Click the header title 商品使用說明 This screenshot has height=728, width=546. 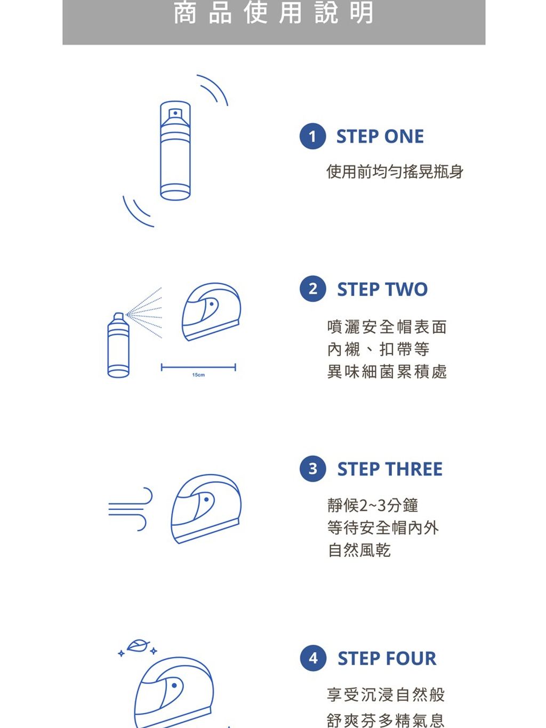274,13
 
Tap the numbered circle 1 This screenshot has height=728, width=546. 312,137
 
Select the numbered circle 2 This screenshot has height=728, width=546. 312,289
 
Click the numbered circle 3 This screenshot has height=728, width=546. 312,469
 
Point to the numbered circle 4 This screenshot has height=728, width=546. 313,658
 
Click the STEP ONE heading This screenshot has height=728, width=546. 380,137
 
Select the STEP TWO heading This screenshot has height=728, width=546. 382,289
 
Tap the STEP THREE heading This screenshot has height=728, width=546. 390,469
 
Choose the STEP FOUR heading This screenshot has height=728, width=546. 387,658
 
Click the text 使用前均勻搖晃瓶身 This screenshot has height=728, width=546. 395,172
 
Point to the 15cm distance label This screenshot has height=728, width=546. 198,375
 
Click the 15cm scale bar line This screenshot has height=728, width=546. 198,367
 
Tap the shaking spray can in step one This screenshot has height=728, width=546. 175,151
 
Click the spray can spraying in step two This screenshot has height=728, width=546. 118,345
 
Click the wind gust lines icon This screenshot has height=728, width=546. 130,509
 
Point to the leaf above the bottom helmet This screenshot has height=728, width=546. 138,646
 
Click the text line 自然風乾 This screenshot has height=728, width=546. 359,550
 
